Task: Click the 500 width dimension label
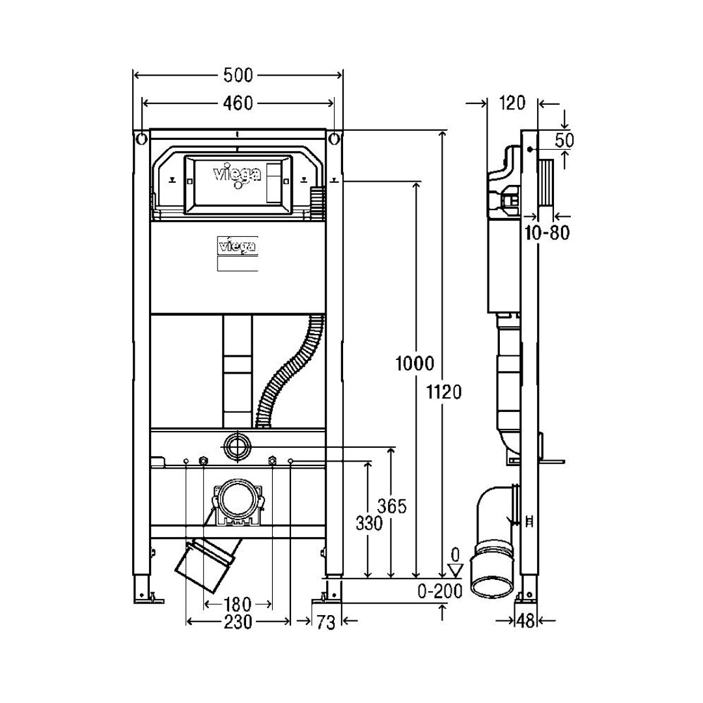(238, 76)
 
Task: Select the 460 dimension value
(238, 103)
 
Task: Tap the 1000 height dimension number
(415, 363)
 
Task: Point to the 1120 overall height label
(443, 393)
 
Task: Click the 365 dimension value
(392, 506)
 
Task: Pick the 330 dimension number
(369, 523)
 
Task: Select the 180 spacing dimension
(238, 604)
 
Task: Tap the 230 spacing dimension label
(238, 622)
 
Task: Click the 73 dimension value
(326, 622)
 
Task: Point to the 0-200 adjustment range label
(440, 592)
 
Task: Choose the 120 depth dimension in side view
(512, 103)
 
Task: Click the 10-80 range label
(547, 232)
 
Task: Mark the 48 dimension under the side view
(525, 621)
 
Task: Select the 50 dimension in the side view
(564, 141)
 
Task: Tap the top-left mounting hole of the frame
(141, 139)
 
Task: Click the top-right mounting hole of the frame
(334, 139)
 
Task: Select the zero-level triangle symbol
(456, 570)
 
